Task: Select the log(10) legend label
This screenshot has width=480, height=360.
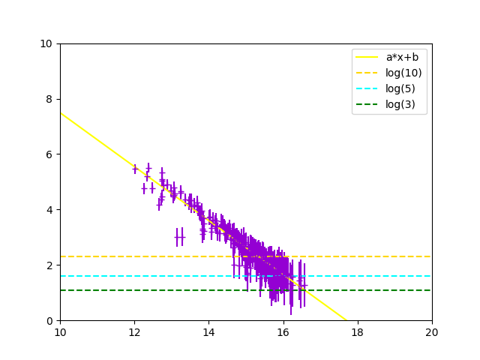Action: point(403,73)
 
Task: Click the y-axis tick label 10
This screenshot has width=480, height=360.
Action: point(46,43)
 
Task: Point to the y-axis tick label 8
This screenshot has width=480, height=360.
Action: point(49,99)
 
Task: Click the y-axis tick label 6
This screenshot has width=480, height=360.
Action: point(49,154)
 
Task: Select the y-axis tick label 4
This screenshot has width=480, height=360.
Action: point(49,210)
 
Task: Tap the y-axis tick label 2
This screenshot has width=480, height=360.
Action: point(49,265)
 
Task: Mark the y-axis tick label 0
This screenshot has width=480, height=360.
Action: point(49,321)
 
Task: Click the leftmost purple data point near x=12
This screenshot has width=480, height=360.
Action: point(135,169)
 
